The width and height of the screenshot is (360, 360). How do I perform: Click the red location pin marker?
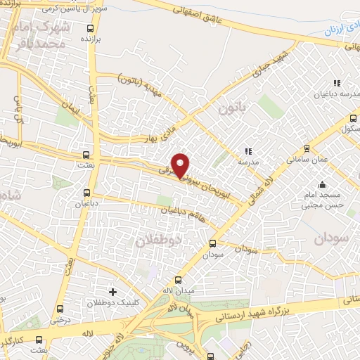click(181, 165)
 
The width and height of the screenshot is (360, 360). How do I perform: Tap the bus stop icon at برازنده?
click(89, 29)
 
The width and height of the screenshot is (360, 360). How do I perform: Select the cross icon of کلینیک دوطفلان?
click(112, 291)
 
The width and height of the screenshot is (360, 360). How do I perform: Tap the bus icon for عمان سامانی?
click(306, 148)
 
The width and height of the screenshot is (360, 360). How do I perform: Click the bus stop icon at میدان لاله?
click(177, 280)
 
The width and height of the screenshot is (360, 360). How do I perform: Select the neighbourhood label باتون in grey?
click(234, 108)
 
